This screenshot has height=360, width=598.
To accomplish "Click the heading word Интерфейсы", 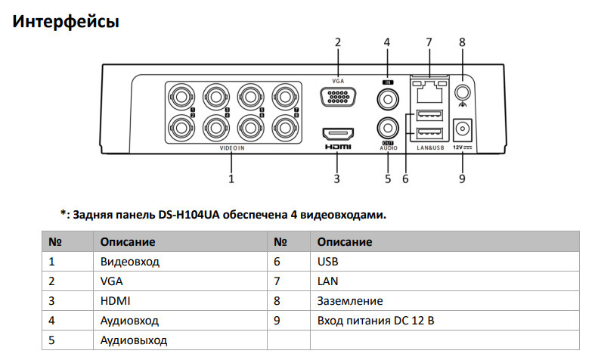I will [67, 22].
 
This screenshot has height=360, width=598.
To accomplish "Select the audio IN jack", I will [388, 98].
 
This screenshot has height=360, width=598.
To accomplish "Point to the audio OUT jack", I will [388, 127].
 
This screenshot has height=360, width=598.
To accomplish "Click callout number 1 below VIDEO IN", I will [231, 179].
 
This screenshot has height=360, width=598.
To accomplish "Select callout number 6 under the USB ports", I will [405, 179].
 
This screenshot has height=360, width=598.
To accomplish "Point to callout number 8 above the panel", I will [461, 42].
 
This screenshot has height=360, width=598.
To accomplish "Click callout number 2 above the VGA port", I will [337, 42].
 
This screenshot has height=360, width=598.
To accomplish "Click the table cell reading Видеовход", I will [130, 262].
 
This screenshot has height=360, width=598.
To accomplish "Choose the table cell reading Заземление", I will [350, 301].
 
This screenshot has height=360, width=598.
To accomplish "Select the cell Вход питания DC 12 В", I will [376, 321].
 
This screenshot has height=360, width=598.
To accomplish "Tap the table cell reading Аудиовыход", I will [134, 340].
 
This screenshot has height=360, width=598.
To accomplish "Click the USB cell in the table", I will [328, 262].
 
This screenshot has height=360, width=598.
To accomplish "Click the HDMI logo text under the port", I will [337, 147].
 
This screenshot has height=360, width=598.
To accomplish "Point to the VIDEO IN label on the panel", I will [232, 149].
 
